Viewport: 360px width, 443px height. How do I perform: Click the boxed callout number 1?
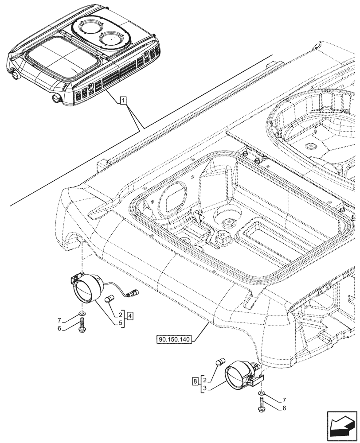(x=123, y=101)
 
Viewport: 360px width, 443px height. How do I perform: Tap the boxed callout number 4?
(x=129, y=316)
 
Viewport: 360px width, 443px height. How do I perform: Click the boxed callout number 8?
(x=195, y=380)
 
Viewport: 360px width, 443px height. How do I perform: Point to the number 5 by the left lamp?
(x=121, y=323)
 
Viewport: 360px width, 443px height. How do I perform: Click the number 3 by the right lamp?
(x=203, y=388)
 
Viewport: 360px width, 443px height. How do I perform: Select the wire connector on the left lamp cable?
(x=133, y=292)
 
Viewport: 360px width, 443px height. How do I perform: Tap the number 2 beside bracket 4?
(x=121, y=315)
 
